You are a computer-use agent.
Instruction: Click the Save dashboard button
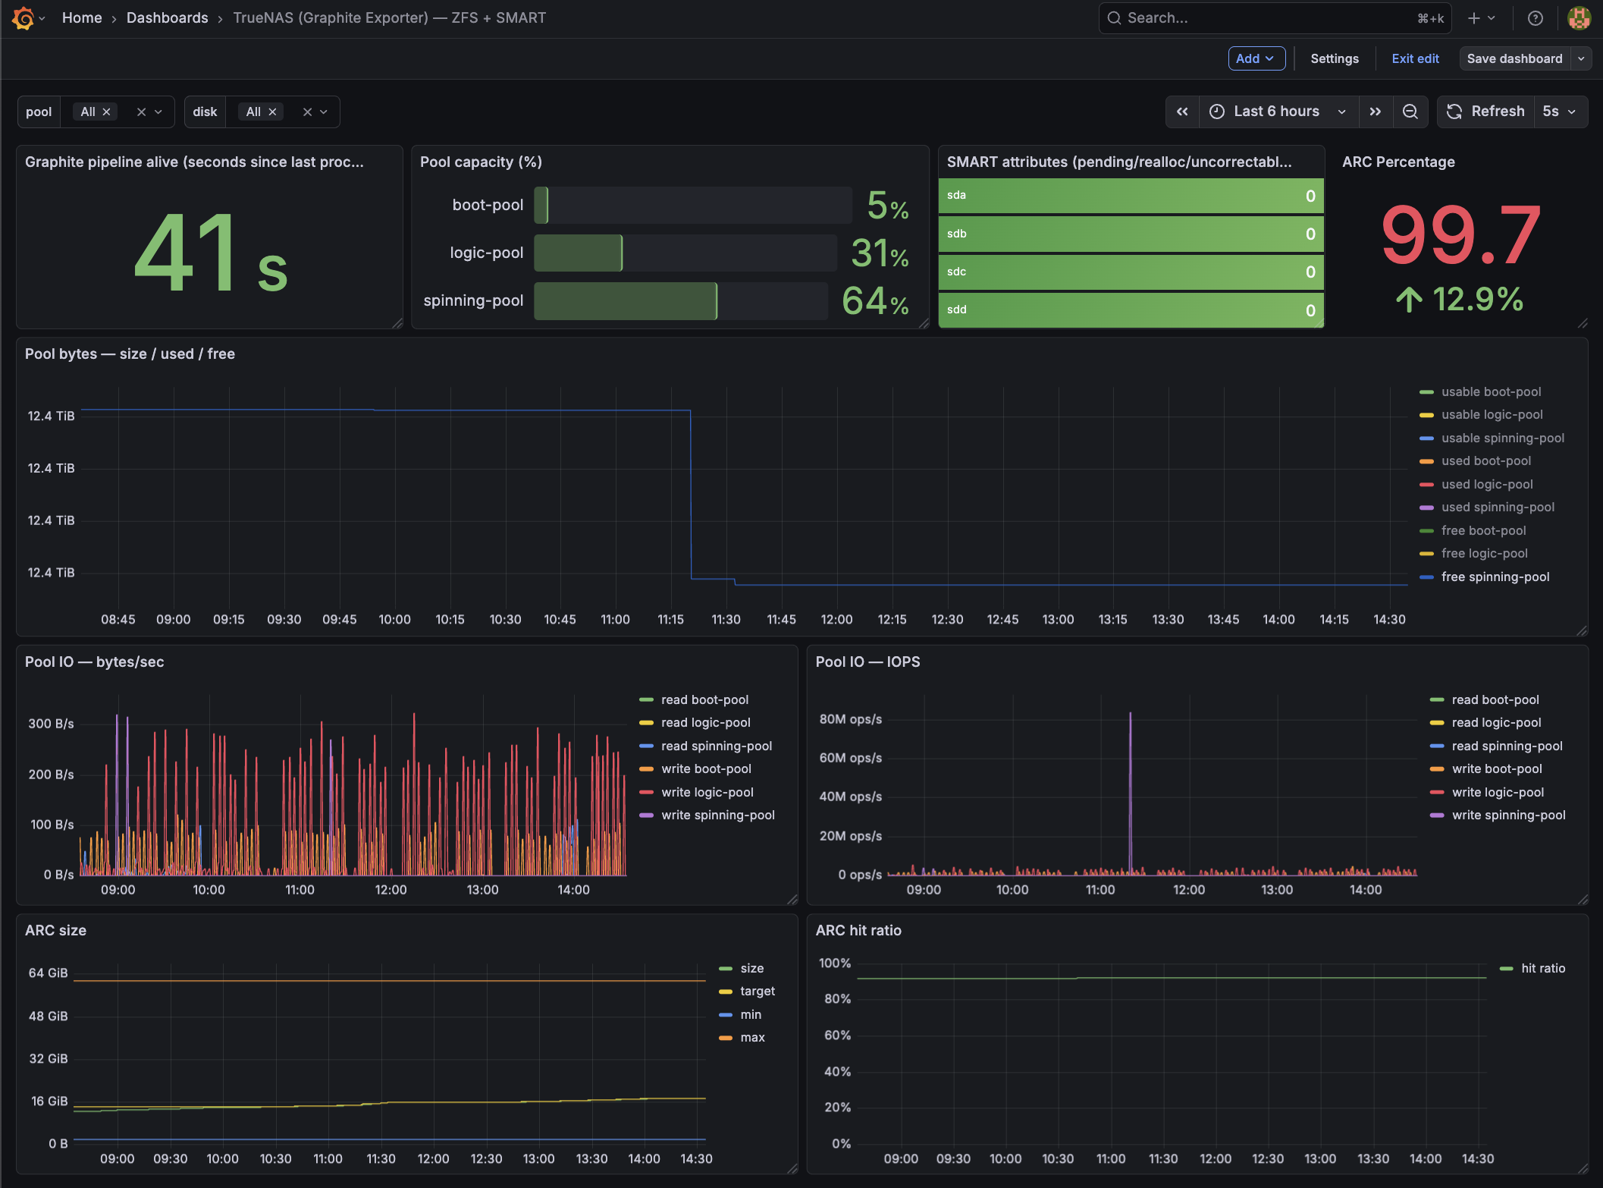click(x=1514, y=58)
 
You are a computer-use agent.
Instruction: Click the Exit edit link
click(x=1415, y=58)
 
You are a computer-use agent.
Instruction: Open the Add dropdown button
click(x=1256, y=58)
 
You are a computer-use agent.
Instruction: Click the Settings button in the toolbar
click(x=1334, y=58)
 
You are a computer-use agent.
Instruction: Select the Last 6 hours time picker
click(x=1277, y=112)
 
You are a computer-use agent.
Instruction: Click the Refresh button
click(x=1486, y=112)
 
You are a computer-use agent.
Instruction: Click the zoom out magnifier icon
click(x=1410, y=112)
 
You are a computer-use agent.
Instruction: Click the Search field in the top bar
click(x=1266, y=17)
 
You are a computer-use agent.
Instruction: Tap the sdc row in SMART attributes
click(x=1130, y=272)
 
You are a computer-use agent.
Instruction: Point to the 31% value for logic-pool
click(x=879, y=253)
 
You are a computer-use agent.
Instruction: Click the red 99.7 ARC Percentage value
click(x=1460, y=235)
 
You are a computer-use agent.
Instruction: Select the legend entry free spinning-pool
click(x=1495, y=577)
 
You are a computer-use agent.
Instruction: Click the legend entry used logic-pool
click(x=1486, y=485)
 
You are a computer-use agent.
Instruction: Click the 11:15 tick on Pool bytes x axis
click(x=670, y=620)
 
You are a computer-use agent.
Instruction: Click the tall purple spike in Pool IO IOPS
click(x=1130, y=789)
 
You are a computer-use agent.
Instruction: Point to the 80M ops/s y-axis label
click(x=850, y=719)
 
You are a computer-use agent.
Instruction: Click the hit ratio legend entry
click(x=1542, y=969)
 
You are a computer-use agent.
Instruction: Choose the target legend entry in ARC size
click(x=757, y=992)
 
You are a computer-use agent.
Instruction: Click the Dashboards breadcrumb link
click(x=167, y=17)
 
